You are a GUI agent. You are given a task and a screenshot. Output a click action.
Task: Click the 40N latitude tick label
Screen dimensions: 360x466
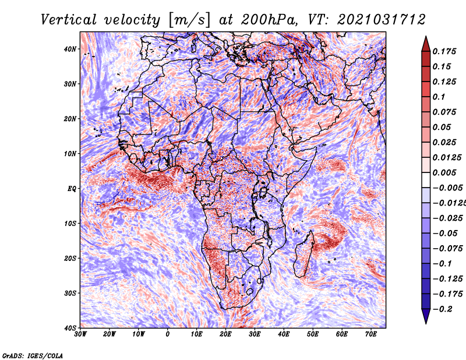point(70,49)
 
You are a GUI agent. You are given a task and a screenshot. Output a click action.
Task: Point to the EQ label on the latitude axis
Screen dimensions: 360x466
point(71,188)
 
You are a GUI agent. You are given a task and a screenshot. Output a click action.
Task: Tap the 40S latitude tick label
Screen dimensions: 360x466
point(70,327)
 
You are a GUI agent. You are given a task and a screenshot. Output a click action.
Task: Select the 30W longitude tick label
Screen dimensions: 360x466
point(80,334)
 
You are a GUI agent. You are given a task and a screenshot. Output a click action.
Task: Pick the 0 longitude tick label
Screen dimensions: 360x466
point(168,334)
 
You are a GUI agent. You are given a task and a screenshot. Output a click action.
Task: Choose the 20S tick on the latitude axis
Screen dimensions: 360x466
point(70,258)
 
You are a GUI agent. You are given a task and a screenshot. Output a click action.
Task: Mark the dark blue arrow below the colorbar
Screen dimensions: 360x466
point(425,316)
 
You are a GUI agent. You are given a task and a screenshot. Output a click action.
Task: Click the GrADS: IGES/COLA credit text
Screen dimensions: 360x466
point(33,355)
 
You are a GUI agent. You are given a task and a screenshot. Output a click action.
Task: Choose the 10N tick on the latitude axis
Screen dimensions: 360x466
point(70,154)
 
